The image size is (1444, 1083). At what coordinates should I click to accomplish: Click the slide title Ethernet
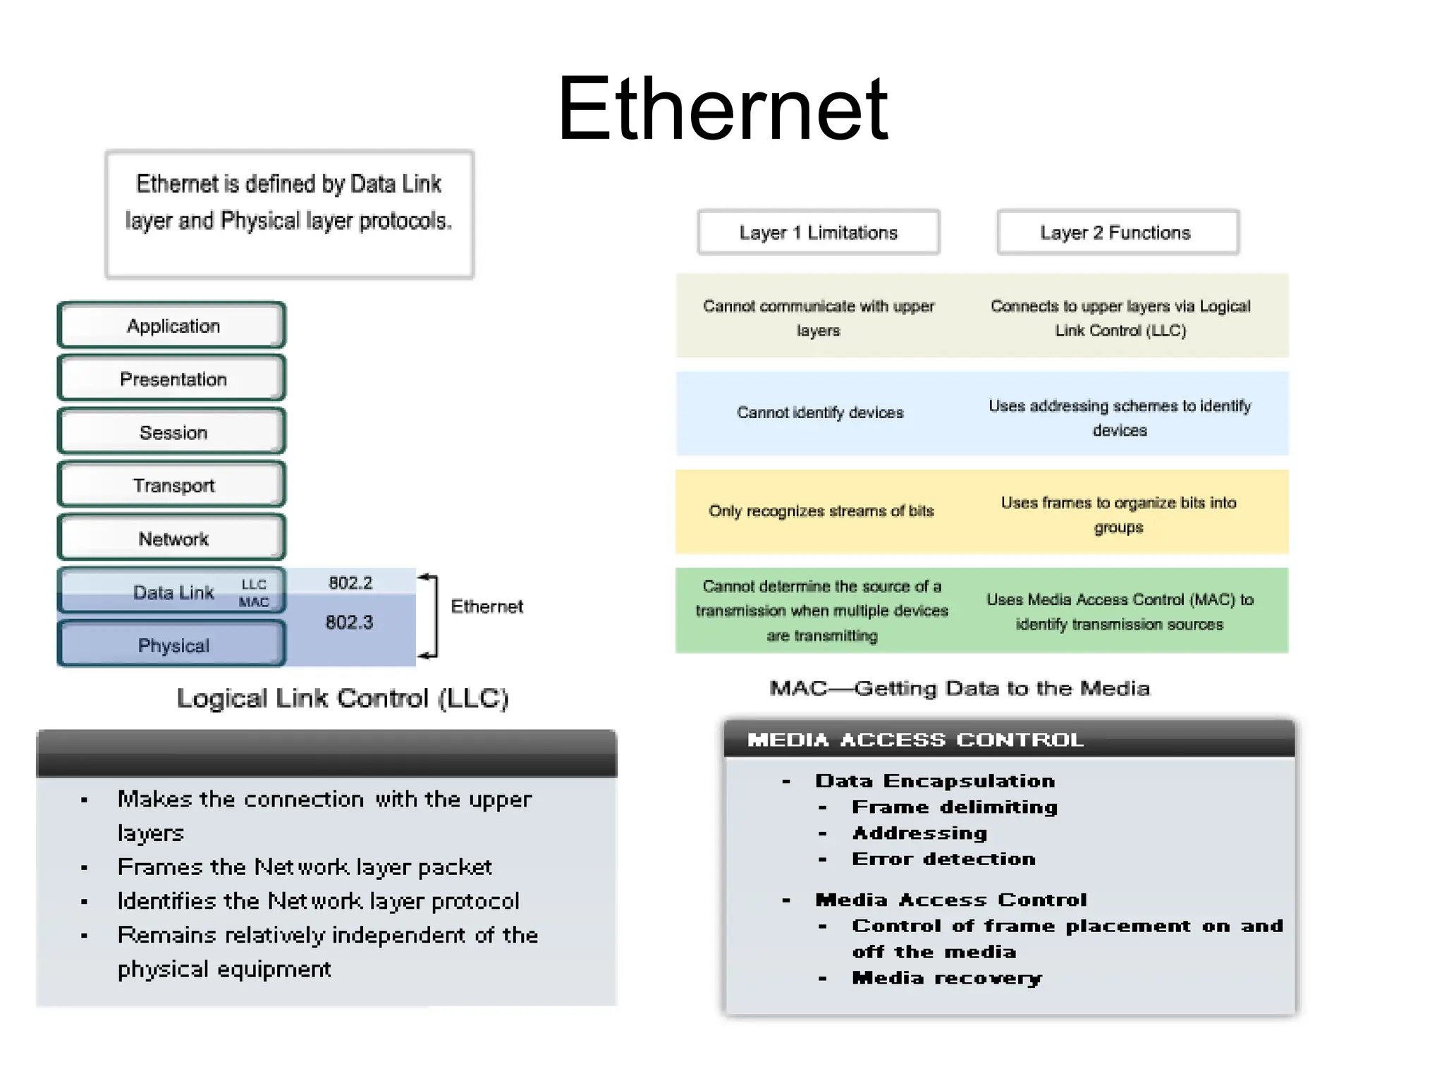coord(722,109)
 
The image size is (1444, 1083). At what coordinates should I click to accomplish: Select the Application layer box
coord(172,326)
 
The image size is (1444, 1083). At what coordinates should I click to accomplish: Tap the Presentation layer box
coord(172,379)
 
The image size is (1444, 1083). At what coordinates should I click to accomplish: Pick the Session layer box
coord(172,432)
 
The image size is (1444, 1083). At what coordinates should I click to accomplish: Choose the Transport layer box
coord(172,486)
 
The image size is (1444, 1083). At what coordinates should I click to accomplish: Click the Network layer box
coord(172,539)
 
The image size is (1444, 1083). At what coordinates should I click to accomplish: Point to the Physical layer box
coord(172,645)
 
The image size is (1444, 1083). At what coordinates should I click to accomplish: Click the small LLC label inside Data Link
coord(254,585)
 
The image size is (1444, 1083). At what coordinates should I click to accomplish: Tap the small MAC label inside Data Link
coord(254,602)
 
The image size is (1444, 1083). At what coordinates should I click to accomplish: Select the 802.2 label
coord(350,583)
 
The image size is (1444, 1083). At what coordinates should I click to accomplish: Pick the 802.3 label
coord(349,623)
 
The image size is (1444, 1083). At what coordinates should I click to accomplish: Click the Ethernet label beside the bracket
coord(487,607)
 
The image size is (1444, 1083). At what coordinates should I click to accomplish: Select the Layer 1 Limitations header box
coord(818,233)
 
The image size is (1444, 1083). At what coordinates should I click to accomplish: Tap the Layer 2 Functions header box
coord(1117,233)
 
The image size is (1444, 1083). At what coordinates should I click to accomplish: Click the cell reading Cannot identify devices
coord(819,413)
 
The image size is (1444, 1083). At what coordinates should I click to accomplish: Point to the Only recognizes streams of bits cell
coord(821,511)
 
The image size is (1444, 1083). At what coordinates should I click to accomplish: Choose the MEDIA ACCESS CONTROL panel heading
coord(915,740)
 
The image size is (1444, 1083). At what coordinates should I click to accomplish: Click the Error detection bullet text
coord(943,859)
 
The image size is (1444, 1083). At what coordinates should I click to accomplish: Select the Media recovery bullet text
coord(946,979)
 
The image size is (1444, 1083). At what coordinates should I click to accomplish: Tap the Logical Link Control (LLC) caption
coord(343,699)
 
